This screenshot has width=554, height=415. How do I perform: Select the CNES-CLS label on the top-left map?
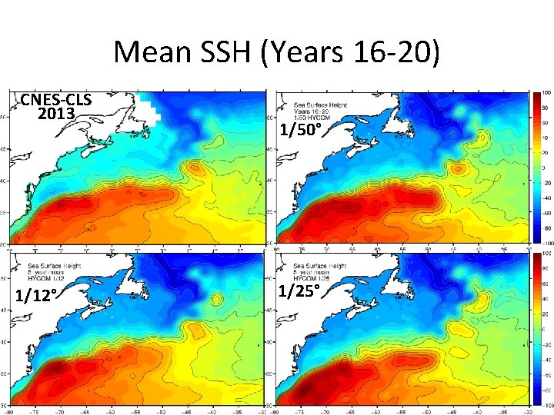[x=56, y=100]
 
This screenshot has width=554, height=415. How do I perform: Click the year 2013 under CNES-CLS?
[x=56, y=115]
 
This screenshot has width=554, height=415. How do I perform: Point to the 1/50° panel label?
[x=300, y=130]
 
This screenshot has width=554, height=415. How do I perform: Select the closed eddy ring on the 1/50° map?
[x=459, y=168]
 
